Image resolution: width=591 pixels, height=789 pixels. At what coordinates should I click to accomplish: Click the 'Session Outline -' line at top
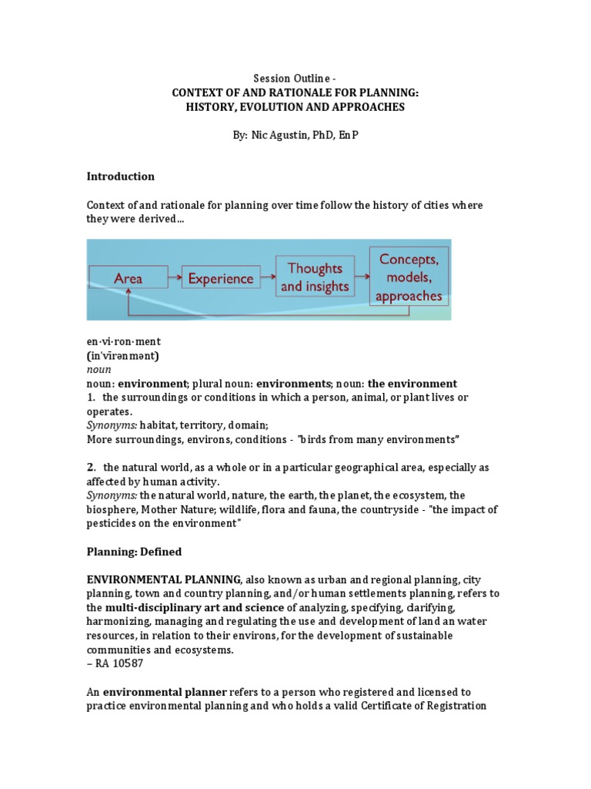295,78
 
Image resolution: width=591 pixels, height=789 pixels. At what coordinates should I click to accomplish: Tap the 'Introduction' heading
120,176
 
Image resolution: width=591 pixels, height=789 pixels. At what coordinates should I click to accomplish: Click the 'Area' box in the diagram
128,277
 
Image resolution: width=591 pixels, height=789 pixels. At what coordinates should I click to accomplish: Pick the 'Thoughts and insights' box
314,277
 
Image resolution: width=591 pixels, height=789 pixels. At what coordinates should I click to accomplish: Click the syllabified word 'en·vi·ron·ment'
123,341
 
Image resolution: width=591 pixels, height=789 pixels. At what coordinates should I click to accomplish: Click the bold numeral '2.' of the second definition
92,467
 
